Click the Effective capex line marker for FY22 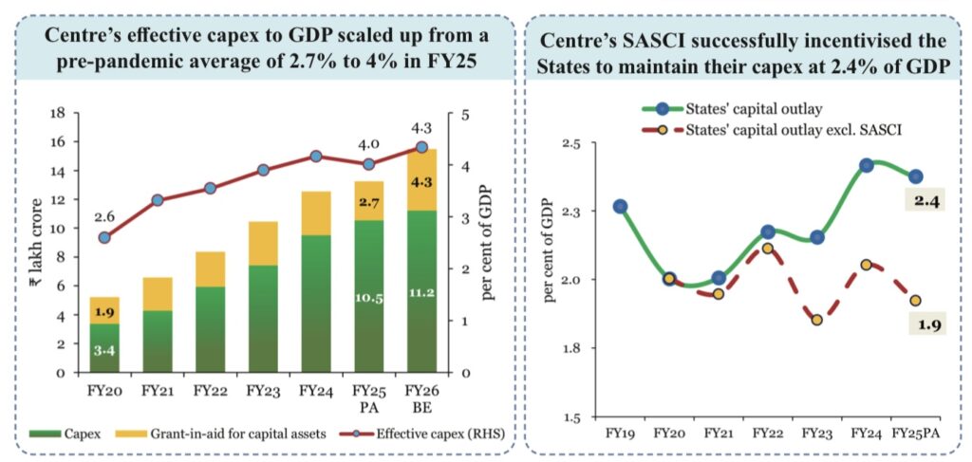coord(211,188)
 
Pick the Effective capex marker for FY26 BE coord(421,147)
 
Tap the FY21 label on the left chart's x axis coord(158,389)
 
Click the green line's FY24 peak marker coord(867,165)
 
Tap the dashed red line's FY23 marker coord(816,320)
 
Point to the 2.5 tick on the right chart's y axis coord(575,143)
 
